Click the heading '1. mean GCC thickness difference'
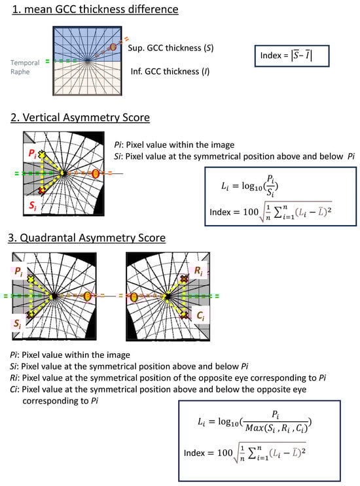tap(95, 9)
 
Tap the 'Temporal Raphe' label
tap(25, 67)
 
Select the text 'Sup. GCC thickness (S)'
tap(171, 48)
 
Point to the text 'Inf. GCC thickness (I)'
tap(170, 71)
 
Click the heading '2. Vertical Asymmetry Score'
tap(80, 118)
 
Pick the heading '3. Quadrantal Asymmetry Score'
tap(87, 237)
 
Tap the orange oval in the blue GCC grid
tap(113, 47)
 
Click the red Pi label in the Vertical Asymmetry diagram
tap(32, 153)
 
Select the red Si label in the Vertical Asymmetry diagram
tap(32, 205)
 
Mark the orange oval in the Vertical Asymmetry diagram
tap(96, 173)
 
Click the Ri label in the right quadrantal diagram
tap(198, 271)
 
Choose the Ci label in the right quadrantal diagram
tap(200, 315)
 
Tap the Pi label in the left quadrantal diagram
tap(18, 272)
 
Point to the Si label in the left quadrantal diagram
tap(17, 324)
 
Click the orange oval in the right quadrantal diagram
tap(134, 297)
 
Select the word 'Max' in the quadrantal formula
tap(253, 428)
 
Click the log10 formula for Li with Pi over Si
tap(249, 186)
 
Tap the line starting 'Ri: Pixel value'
tap(168, 378)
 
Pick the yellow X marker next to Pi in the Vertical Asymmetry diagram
tap(42, 154)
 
